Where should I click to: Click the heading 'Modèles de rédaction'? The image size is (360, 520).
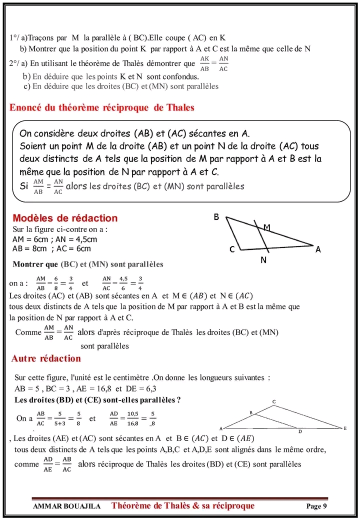click(65, 218)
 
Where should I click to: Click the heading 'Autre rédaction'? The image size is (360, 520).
click(45, 359)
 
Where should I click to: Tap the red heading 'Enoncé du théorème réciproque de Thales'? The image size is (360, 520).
click(102, 108)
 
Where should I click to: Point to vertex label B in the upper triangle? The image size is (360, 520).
click(216, 217)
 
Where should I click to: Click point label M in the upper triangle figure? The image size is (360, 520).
click(266, 227)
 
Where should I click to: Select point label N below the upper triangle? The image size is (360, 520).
click(263, 260)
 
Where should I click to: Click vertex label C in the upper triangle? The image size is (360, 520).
click(232, 250)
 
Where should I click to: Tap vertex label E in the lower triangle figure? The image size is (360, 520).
click(345, 428)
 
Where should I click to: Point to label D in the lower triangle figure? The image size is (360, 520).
click(300, 431)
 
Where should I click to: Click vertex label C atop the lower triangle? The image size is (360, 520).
click(274, 401)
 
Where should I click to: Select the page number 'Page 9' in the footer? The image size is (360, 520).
click(316, 506)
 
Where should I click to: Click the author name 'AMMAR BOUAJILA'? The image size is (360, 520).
click(66, 506)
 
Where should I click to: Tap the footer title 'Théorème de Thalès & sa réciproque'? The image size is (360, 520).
click(183, 506)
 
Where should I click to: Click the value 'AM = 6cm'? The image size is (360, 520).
click(29, 239)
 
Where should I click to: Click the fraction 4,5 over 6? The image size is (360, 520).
click(123, 283)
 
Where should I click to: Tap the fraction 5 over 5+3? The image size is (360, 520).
click(59, 418)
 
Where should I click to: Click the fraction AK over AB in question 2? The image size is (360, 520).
click(204, 63)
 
